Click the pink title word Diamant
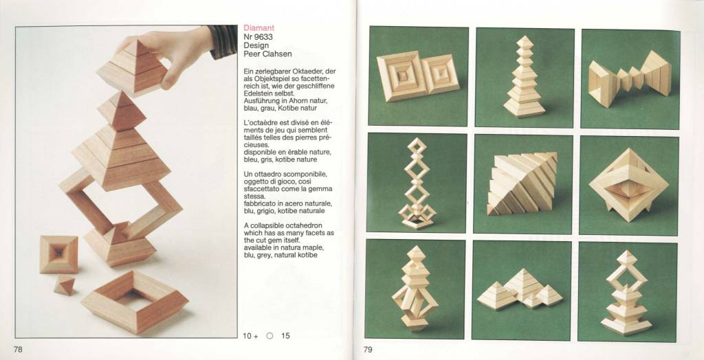259,28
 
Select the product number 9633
265,37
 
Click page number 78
18,349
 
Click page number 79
368,349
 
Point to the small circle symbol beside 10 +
269,335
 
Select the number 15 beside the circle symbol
285,335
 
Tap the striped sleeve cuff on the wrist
223,41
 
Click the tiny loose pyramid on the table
64,285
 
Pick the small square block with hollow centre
59,254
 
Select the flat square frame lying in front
135,301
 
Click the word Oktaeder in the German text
320,71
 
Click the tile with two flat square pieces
418,76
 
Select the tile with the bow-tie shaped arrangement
630,79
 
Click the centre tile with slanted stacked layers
523,184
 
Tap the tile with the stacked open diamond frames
417,182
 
